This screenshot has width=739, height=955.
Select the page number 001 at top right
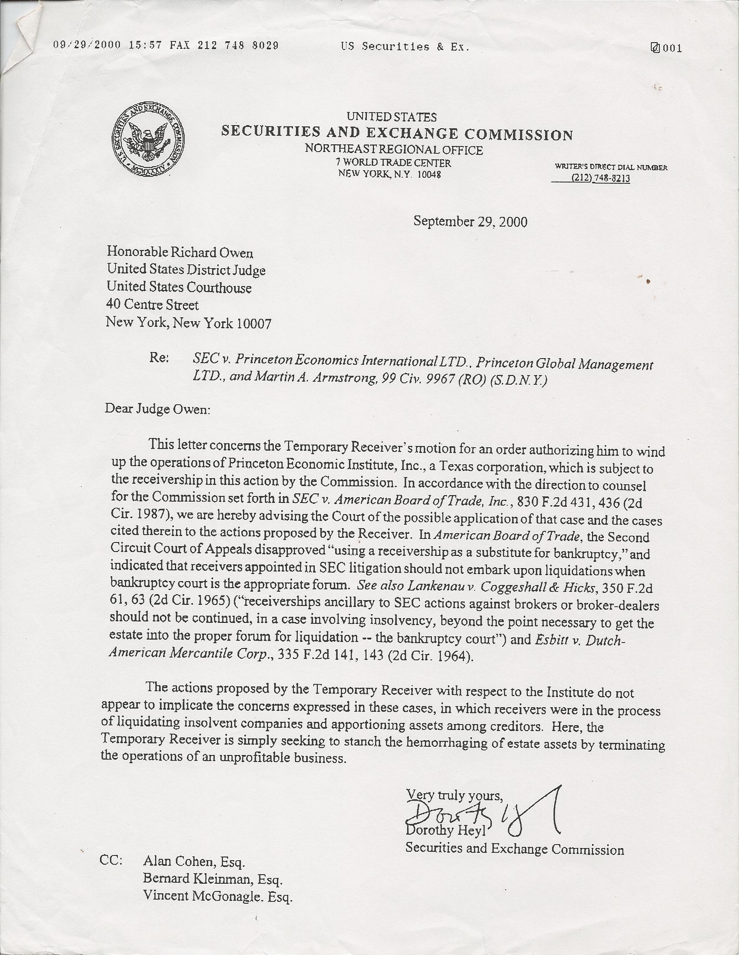tap(672, 48)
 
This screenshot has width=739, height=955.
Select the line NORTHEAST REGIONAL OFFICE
tap(393, 150)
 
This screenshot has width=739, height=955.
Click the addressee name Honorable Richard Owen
tap(180, 252)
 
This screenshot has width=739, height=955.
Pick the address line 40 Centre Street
tap(153, 305)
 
